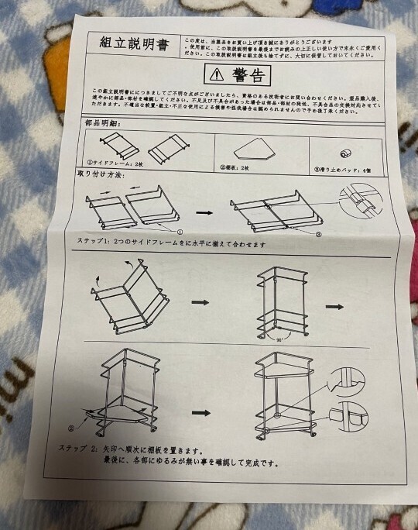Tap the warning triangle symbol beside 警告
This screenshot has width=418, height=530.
tap(215, 76)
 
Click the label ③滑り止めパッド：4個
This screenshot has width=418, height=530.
tap(345, 168)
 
